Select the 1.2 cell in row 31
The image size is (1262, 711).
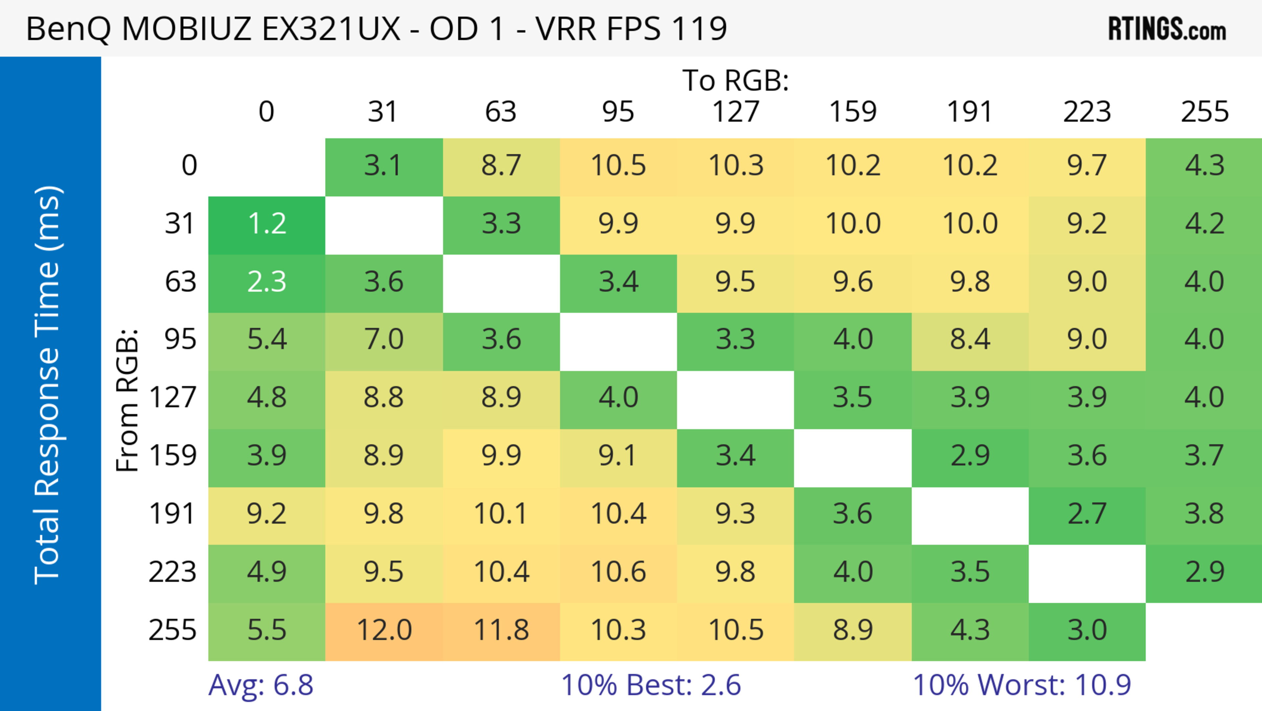pos(267,224)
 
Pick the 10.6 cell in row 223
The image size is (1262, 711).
pos(618,572)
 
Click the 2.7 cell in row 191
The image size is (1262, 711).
pos(1087,514)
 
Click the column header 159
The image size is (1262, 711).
pos(853,112)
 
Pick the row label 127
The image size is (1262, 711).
pos(173,397)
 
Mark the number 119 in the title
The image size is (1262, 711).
pos(700,29)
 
